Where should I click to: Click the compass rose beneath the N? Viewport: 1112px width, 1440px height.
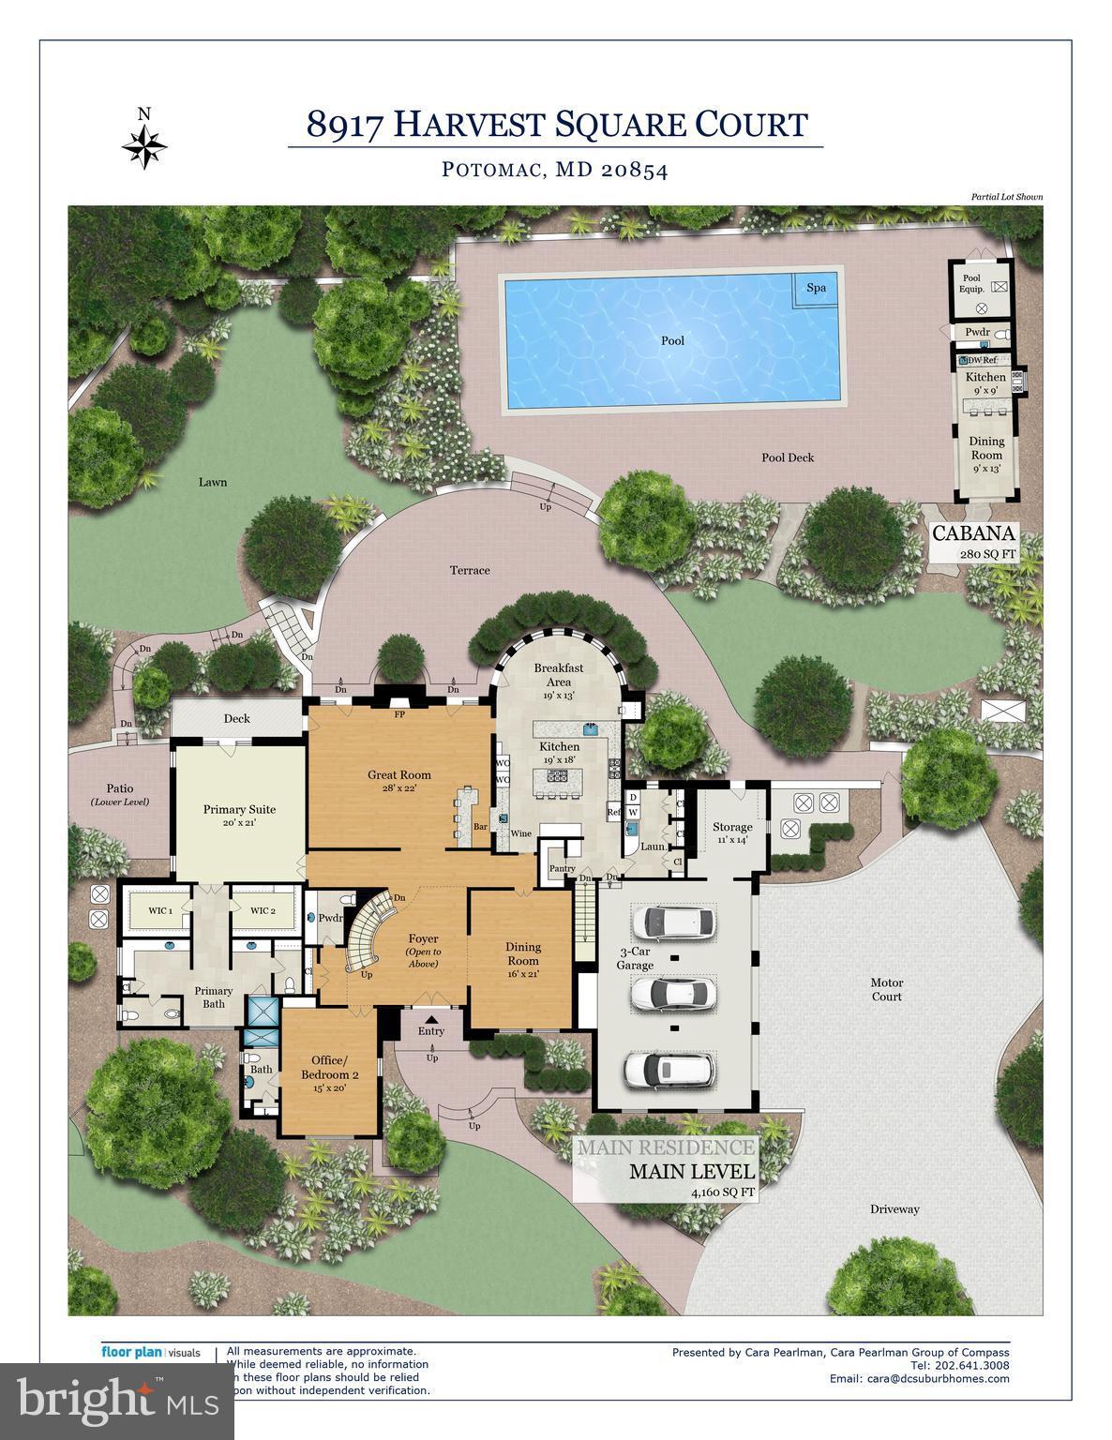click(144, 146)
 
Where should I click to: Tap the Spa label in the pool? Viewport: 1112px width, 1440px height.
click(817, 288)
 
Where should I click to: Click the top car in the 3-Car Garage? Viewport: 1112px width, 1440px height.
click(673, 922)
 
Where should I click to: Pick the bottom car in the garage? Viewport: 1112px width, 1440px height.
click(672, 1070)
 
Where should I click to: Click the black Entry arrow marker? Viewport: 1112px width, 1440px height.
click(431, 1019)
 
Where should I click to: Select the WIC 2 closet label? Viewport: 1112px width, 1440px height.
click(263, 910)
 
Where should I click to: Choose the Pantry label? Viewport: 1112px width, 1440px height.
click(562, 869)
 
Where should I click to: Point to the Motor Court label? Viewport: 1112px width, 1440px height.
click(886, 989)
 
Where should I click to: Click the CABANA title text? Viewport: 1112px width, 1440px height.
click(973, 534)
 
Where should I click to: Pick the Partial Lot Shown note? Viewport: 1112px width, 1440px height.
click(1007, 197)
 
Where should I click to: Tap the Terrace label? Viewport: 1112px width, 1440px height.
click(470, 570)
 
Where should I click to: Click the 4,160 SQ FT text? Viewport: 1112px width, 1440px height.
click(722, 1192)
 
